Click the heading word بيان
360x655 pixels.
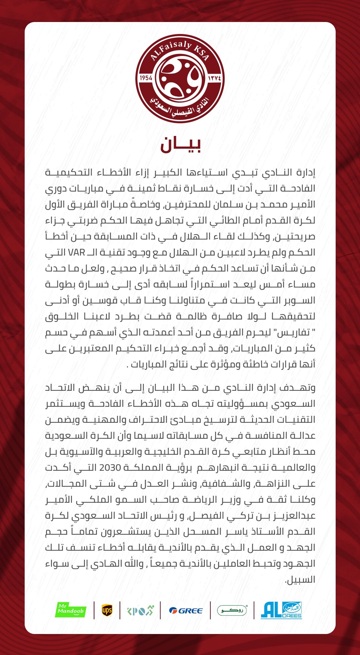[180, 144]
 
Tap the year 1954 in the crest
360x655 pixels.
[146, 78]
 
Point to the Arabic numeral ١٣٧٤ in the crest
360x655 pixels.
[214, 78]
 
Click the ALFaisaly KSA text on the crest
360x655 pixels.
[180, 50]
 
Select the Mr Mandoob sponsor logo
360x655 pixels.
[70, 610]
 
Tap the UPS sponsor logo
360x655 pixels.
[107, 610]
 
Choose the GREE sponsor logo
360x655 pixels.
[186, 611]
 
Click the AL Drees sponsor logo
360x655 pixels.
[281, 610]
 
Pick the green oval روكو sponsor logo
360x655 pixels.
[232, 610]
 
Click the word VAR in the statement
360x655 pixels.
[77, 252]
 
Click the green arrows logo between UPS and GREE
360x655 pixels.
[140, 611]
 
